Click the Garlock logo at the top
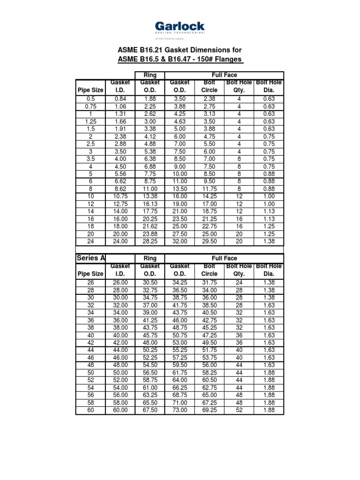tap(180, 27)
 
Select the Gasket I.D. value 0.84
tap(120, 98)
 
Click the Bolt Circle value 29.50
tap(209, 241)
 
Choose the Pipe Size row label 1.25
tap(90, 121)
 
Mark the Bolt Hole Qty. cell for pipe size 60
tap(239, 410)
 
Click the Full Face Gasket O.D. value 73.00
tap(180, 410)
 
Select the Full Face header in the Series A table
tap(225, 258)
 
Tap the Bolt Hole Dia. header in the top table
tap(269, 86)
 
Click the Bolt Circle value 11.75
tap(209, 189)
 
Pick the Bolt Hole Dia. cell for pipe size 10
tap(269, 196)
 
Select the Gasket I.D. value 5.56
tap(120, 174)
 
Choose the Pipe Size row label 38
tap(90, 328)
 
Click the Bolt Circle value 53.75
tap(209, 358)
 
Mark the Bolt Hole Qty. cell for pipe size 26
tap(239, 282)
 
